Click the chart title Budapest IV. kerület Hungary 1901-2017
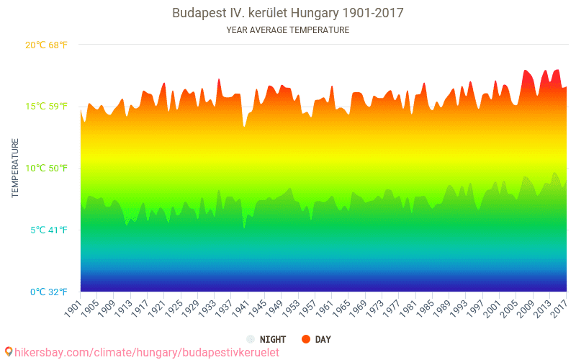click(x=288, y=13)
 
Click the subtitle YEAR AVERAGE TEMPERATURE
click(x=288, y=30)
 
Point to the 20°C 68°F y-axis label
click(x=47, y=45)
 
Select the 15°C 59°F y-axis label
click(x=47, y=107)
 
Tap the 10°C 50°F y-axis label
click(x=47, y=168)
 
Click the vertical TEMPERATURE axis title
click(x=15, y=168)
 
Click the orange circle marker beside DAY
click(x=306, y=339)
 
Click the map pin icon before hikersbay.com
click(x=8, y=352)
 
